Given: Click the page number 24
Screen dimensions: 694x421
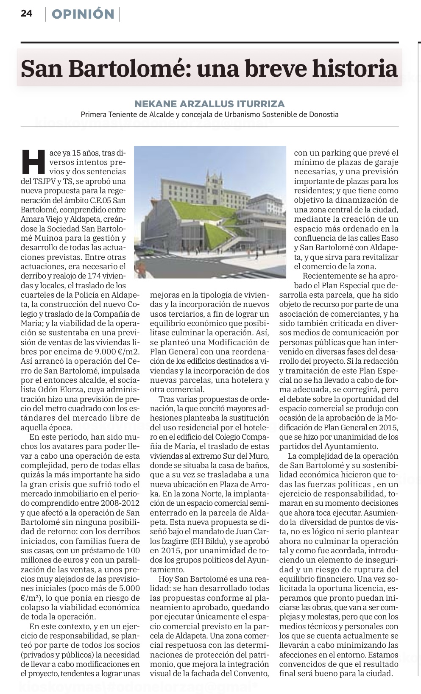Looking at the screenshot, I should pos(26,14).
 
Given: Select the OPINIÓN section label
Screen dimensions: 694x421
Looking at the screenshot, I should pos(83,14).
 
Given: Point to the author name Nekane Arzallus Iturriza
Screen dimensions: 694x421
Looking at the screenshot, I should pos(209,103).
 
